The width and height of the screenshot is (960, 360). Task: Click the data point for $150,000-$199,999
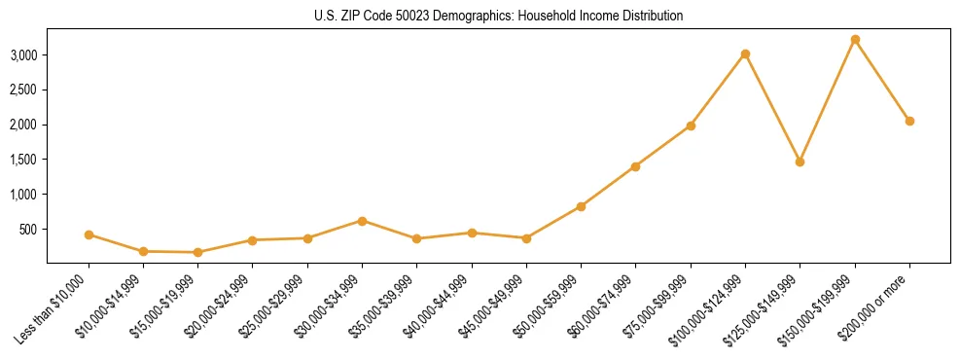coord(855,40)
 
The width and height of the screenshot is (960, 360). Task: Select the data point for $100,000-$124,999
coord(745,54)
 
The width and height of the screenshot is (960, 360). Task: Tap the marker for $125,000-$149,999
coord(800,162)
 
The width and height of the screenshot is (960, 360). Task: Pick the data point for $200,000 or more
coord(909,121)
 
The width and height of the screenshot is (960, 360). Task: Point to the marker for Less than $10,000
coord(89,234)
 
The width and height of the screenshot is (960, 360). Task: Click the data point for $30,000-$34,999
coord(362,221)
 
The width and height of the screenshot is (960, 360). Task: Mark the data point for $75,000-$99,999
coord(691,126)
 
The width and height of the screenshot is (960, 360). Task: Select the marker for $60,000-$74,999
coord(635,166)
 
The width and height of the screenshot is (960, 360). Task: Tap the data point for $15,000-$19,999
coord(197,252)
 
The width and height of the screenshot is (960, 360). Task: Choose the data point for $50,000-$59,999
coord(581,206)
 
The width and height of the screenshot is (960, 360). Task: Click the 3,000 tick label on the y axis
coord(23,55)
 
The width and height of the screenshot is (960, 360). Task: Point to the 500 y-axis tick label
coord(30,230)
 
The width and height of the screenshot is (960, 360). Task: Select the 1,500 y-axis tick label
coord(23,160)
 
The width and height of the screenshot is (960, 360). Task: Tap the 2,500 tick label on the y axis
coord(23,90)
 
